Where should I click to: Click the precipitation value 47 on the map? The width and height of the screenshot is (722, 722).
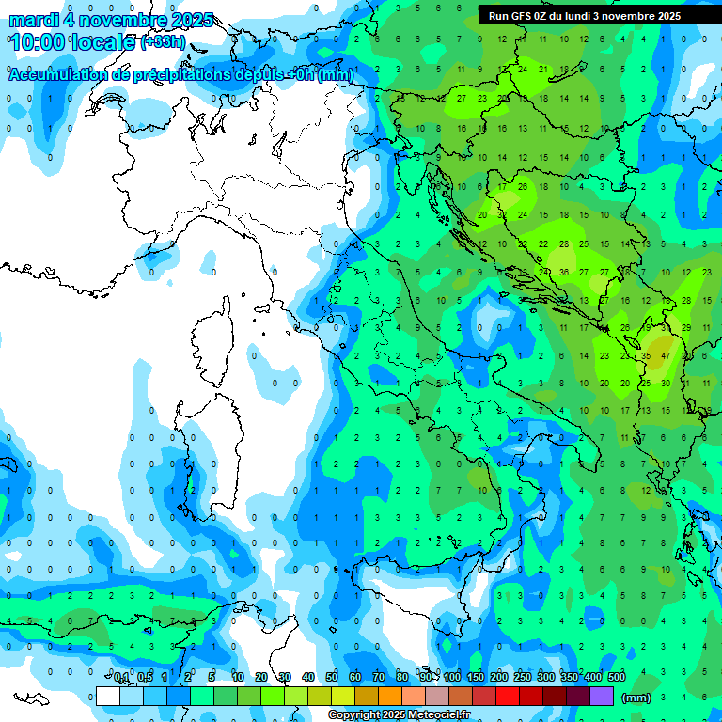coord(666,356)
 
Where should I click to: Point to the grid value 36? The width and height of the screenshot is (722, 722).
coord(563,273)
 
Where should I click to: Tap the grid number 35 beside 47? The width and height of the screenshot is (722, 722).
coord(646,356)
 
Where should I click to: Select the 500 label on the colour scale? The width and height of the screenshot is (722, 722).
coord(617,678)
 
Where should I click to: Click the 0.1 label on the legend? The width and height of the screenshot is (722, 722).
coord(121,678)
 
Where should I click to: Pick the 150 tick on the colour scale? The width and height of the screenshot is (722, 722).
coord(476,678)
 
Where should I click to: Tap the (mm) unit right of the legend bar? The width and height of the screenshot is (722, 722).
coord(636,698)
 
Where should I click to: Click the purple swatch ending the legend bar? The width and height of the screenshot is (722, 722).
coord(602,697)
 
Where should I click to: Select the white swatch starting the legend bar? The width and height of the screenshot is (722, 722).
coord(108,697)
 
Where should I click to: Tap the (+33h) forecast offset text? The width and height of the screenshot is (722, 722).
coord(163,42)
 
